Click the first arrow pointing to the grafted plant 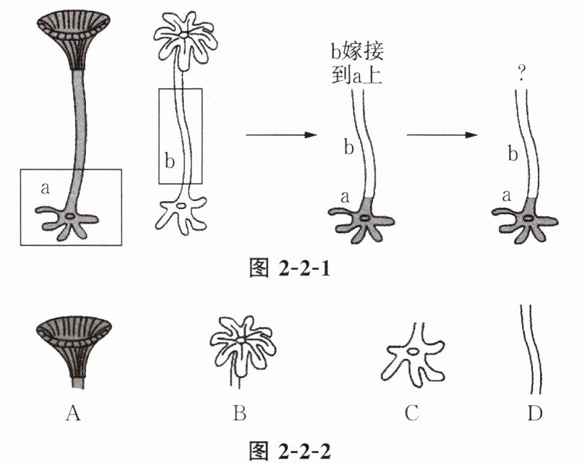(282, 135)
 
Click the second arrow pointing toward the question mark (443, 135)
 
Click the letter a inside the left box (46, 188)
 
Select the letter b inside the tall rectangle (169, 161)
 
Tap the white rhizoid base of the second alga (184, 213)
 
